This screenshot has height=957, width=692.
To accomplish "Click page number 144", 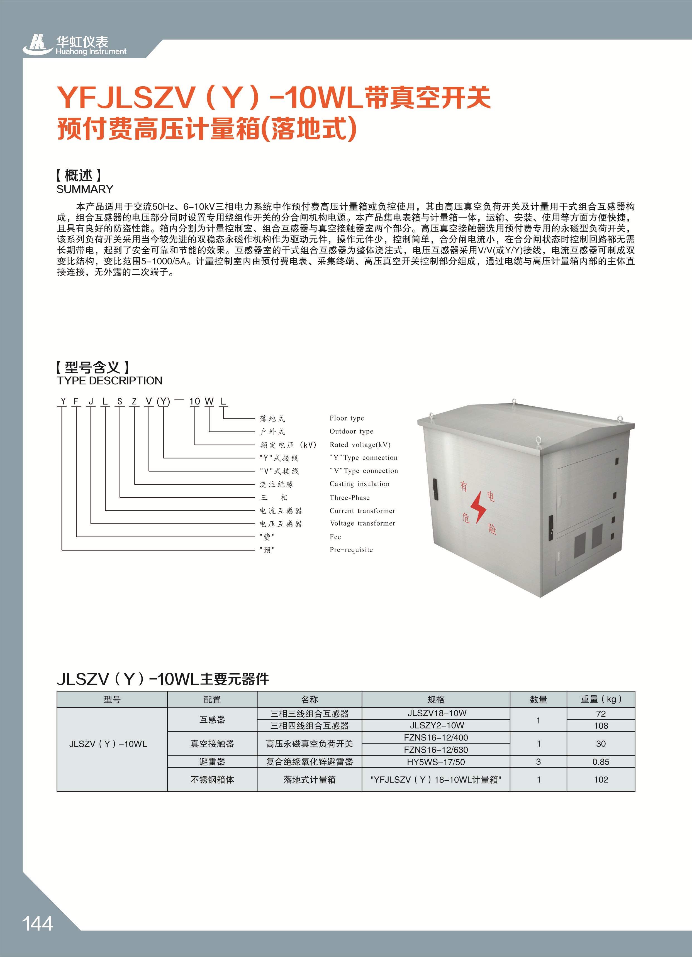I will click(x=38, y=923).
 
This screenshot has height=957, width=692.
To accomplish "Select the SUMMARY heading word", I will click(x=85, y=189).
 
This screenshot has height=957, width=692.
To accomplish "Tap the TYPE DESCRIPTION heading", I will click(x=109, y=381).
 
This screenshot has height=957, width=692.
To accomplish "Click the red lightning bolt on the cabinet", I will click(x=478, y=506).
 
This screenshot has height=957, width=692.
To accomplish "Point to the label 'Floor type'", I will click(x=347, y=418).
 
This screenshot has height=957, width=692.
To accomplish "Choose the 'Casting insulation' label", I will click(x=359, y=484).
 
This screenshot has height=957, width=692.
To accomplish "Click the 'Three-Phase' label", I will click(x=350, y=497).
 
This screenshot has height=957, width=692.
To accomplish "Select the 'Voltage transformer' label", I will click(x=362, y=523).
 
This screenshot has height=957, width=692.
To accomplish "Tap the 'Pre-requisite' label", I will click(x=351, y=550).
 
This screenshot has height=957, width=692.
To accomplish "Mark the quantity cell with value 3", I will click(x=538, y=762).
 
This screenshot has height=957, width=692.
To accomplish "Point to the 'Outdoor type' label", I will click(x=351, y=431).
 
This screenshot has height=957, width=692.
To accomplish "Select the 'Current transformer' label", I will click(x=362, y=511).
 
